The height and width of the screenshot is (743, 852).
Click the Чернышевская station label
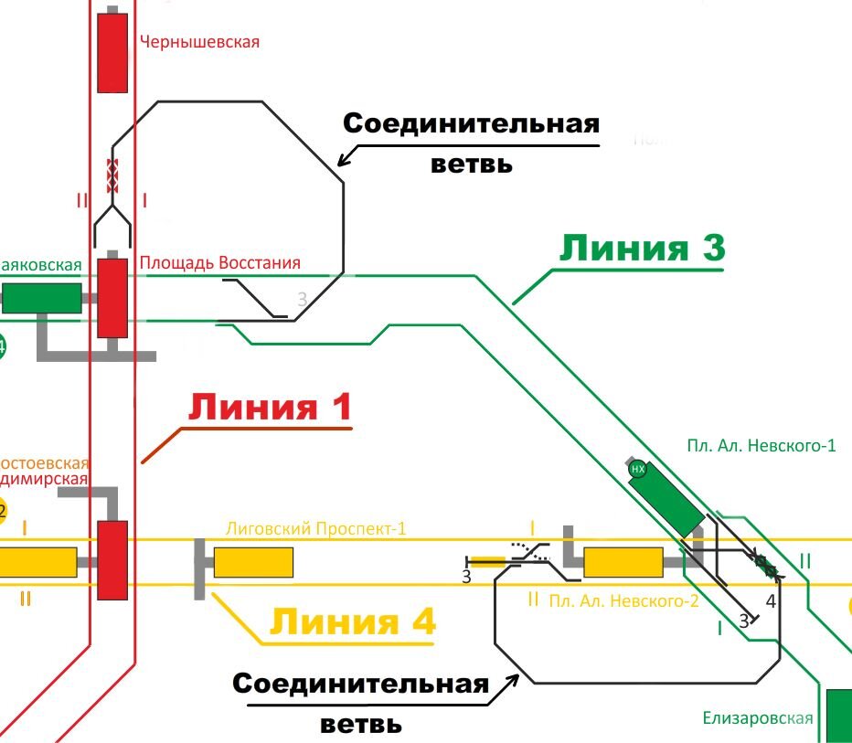point(199,42)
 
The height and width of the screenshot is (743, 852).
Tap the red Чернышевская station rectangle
point(112,52)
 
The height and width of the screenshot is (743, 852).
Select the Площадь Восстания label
point(220,263)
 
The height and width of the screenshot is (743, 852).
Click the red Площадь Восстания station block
point(112,298)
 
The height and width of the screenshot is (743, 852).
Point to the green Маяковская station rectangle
point(41,298)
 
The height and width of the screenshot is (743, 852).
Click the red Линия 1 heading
point(270,409)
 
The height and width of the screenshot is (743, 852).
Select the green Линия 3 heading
point(642,249)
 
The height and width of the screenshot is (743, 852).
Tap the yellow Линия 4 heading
point(353,622)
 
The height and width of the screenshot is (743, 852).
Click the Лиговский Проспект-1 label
point(315,529)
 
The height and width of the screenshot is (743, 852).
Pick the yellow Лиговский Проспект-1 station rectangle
point(253,562)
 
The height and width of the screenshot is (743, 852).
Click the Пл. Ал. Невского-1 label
point(761,446)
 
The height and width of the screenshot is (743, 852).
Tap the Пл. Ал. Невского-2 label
point(623,600)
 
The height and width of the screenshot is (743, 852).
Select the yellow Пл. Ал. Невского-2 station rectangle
point(623,562)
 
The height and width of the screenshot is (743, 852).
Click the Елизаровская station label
point(758,717)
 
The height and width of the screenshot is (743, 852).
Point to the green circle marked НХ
point(639,470)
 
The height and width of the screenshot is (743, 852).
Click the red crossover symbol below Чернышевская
point(113,175)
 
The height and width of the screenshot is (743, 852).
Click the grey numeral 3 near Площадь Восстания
point(303,300)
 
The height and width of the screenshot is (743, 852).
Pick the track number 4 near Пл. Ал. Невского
point(771,601)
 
